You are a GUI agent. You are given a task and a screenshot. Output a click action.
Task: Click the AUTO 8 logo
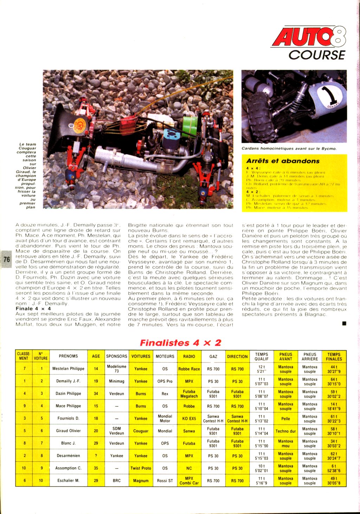point(308,37)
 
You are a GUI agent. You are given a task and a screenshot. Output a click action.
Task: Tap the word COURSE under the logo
point(317,55)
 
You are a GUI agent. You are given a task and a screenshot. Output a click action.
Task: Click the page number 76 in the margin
point(7,259)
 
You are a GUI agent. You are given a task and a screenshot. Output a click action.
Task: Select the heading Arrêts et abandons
point(283,161)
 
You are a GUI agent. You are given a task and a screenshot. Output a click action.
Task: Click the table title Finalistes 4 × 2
point(180,343)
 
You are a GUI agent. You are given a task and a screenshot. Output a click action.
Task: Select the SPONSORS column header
point(117,356)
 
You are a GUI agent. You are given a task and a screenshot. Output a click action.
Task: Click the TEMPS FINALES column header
point(334,357)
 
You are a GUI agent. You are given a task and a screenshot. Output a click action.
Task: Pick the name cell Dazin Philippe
point(68,393)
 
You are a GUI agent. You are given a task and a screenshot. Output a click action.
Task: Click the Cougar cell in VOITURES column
point(141,431)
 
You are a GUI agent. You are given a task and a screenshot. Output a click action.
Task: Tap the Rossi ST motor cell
point(165,481)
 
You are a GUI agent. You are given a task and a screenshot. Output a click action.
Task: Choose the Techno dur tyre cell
point(285,431)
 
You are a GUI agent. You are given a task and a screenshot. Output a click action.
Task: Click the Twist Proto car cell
point(141,468)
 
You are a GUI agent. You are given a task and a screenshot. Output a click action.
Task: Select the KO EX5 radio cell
point(189,418)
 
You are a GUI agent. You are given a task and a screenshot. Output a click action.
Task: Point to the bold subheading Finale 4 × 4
point(33,308)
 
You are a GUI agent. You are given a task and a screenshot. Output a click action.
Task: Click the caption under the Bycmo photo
point(289,149)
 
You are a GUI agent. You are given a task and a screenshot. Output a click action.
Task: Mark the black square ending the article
point(344,323)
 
